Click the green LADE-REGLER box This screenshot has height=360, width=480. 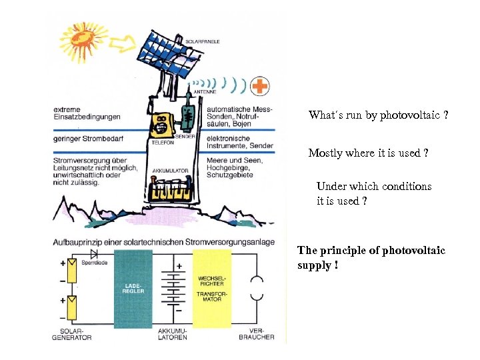(x=133, y=289)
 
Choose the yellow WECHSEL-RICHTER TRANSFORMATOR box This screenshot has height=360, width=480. (x=213, y=289)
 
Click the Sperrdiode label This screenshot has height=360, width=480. (x=93, y=264)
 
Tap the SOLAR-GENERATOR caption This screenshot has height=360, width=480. (x=71, y=333)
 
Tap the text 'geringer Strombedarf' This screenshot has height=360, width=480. (x=87, y=139)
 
